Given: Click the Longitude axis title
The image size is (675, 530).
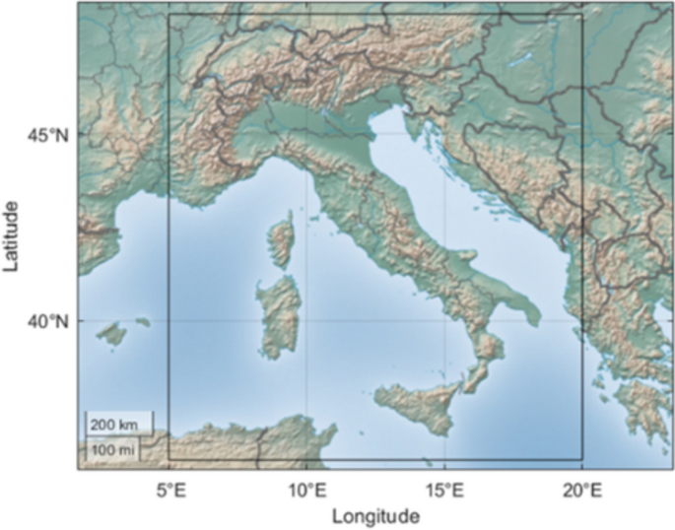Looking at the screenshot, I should point(376,515).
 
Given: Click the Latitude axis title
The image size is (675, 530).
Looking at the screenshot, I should point(12,234).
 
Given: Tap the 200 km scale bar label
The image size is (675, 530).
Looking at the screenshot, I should point(116,425).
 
